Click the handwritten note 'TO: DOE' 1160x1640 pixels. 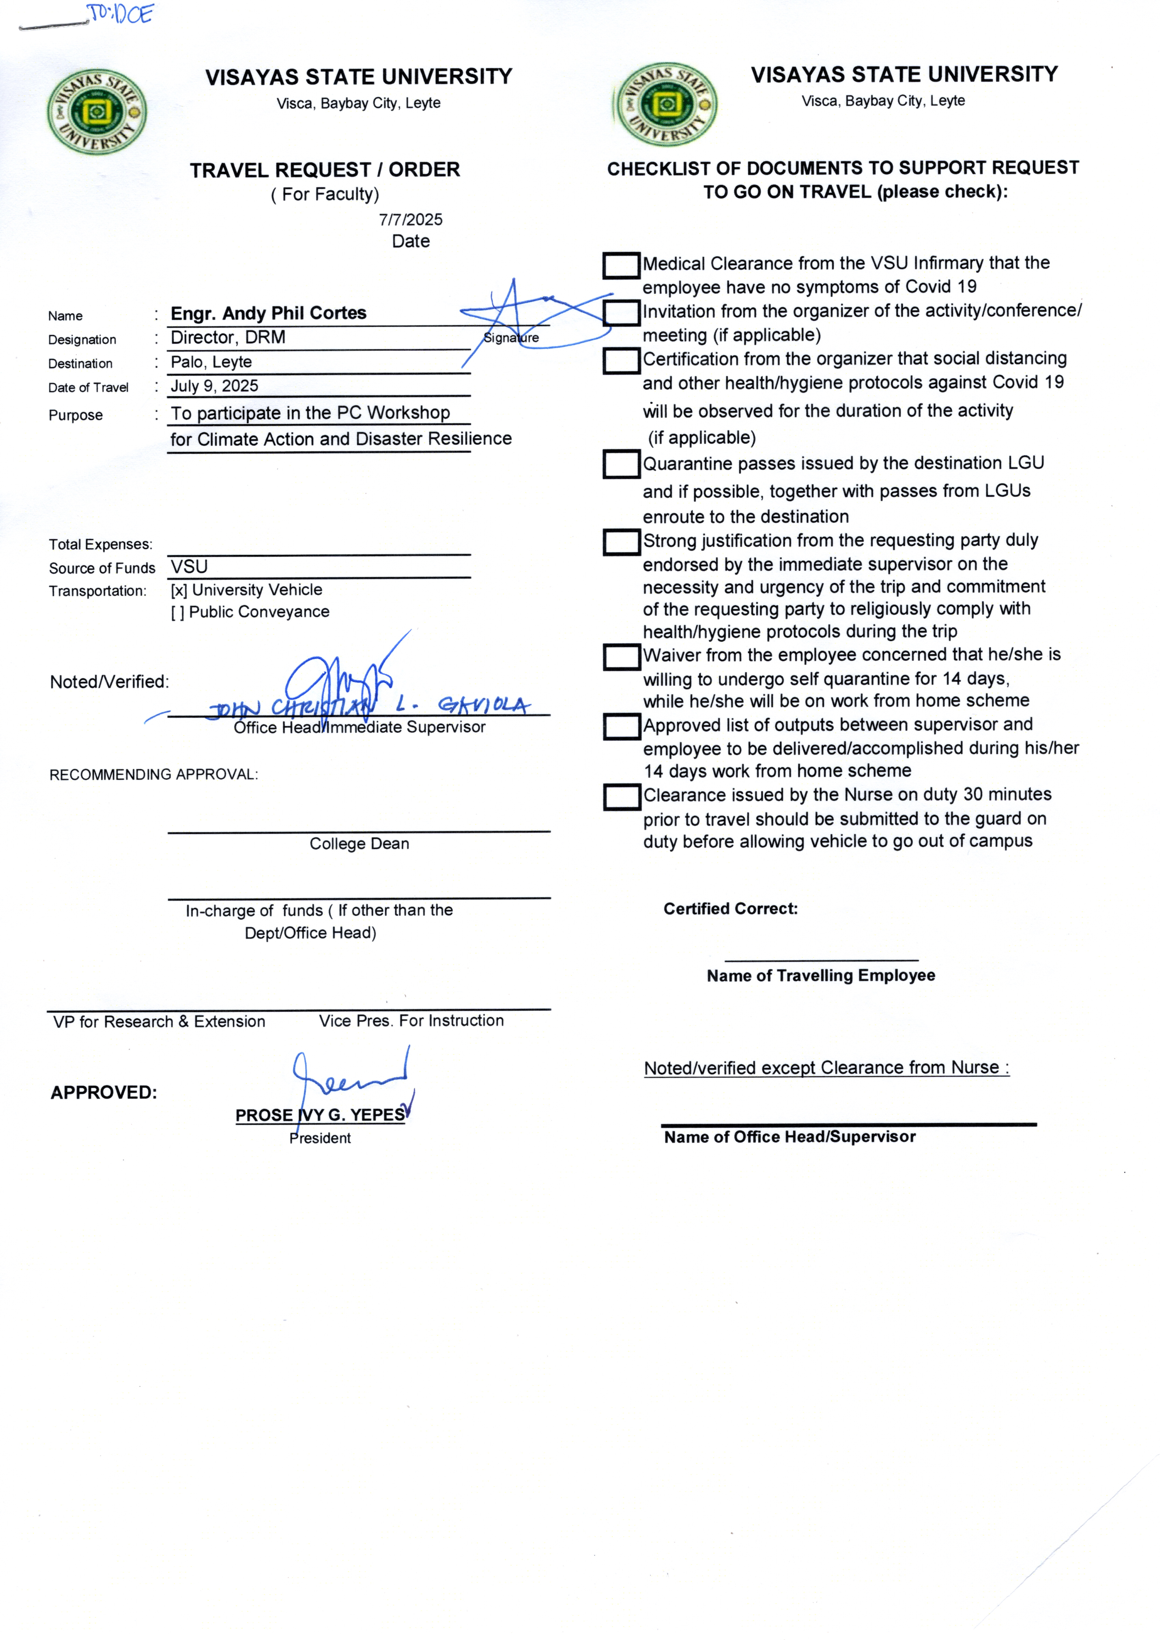(x=120, y=14)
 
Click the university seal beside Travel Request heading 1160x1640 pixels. (x=97, y=112)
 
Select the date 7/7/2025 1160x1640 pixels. (x=411, y=219)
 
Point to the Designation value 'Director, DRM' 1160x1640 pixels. (x=228, y=337)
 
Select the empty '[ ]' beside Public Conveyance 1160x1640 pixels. (x=177, y=612)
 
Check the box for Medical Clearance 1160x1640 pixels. (x=621, y=265)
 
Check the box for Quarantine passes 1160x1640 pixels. (x=621, y=464)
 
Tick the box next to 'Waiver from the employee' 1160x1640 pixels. (x=621, y=657)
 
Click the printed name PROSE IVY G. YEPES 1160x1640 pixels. (x=320, y=1115)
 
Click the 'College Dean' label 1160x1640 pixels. (x=359, y=843)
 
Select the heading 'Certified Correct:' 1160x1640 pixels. (x=730, y=909)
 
